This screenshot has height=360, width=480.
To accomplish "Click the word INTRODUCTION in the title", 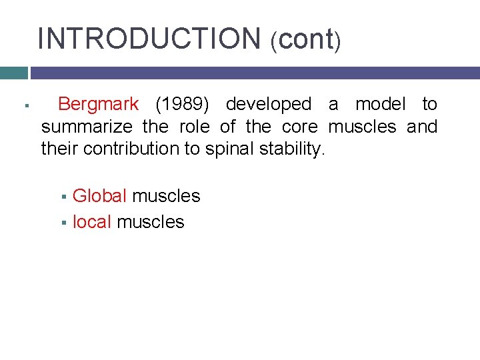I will (149, 38).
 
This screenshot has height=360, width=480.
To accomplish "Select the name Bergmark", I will (99, 105).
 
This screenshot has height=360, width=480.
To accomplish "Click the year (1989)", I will (182, 105).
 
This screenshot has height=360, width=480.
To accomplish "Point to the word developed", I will (268, 105).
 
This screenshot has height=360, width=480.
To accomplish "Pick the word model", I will (379, 105).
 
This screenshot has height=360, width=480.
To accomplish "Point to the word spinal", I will (227, 148).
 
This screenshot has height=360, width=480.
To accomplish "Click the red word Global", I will (99, 196).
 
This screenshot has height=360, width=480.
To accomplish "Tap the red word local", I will (91, 222).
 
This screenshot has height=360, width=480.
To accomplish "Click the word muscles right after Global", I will (166, 196).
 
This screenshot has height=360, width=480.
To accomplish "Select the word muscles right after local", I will (150, 222).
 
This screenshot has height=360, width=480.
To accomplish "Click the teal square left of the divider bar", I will (13, 73).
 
